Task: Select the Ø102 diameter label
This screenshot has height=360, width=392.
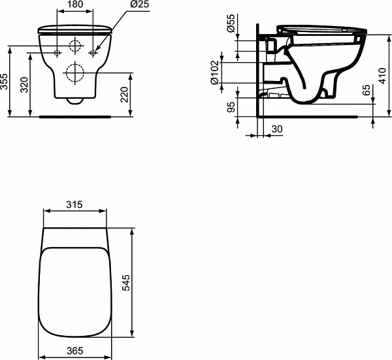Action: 214,72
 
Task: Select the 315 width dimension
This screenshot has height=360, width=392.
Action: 74,205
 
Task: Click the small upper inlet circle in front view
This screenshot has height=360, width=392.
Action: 76,46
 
